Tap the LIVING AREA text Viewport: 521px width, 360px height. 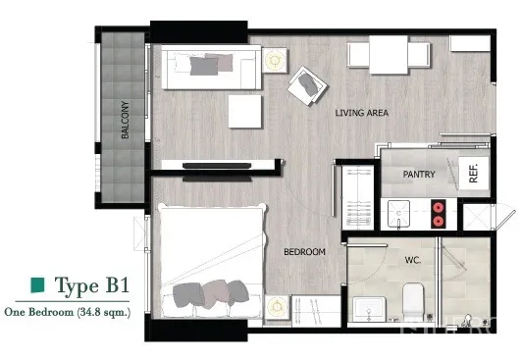click(362, 114)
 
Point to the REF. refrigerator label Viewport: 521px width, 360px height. click(473, 175)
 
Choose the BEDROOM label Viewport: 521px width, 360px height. click(304, 252)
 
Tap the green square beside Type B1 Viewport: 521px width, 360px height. click(37, 285)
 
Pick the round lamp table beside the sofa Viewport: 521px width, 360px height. click(274, 59)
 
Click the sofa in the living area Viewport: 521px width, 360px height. click(210, 66)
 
